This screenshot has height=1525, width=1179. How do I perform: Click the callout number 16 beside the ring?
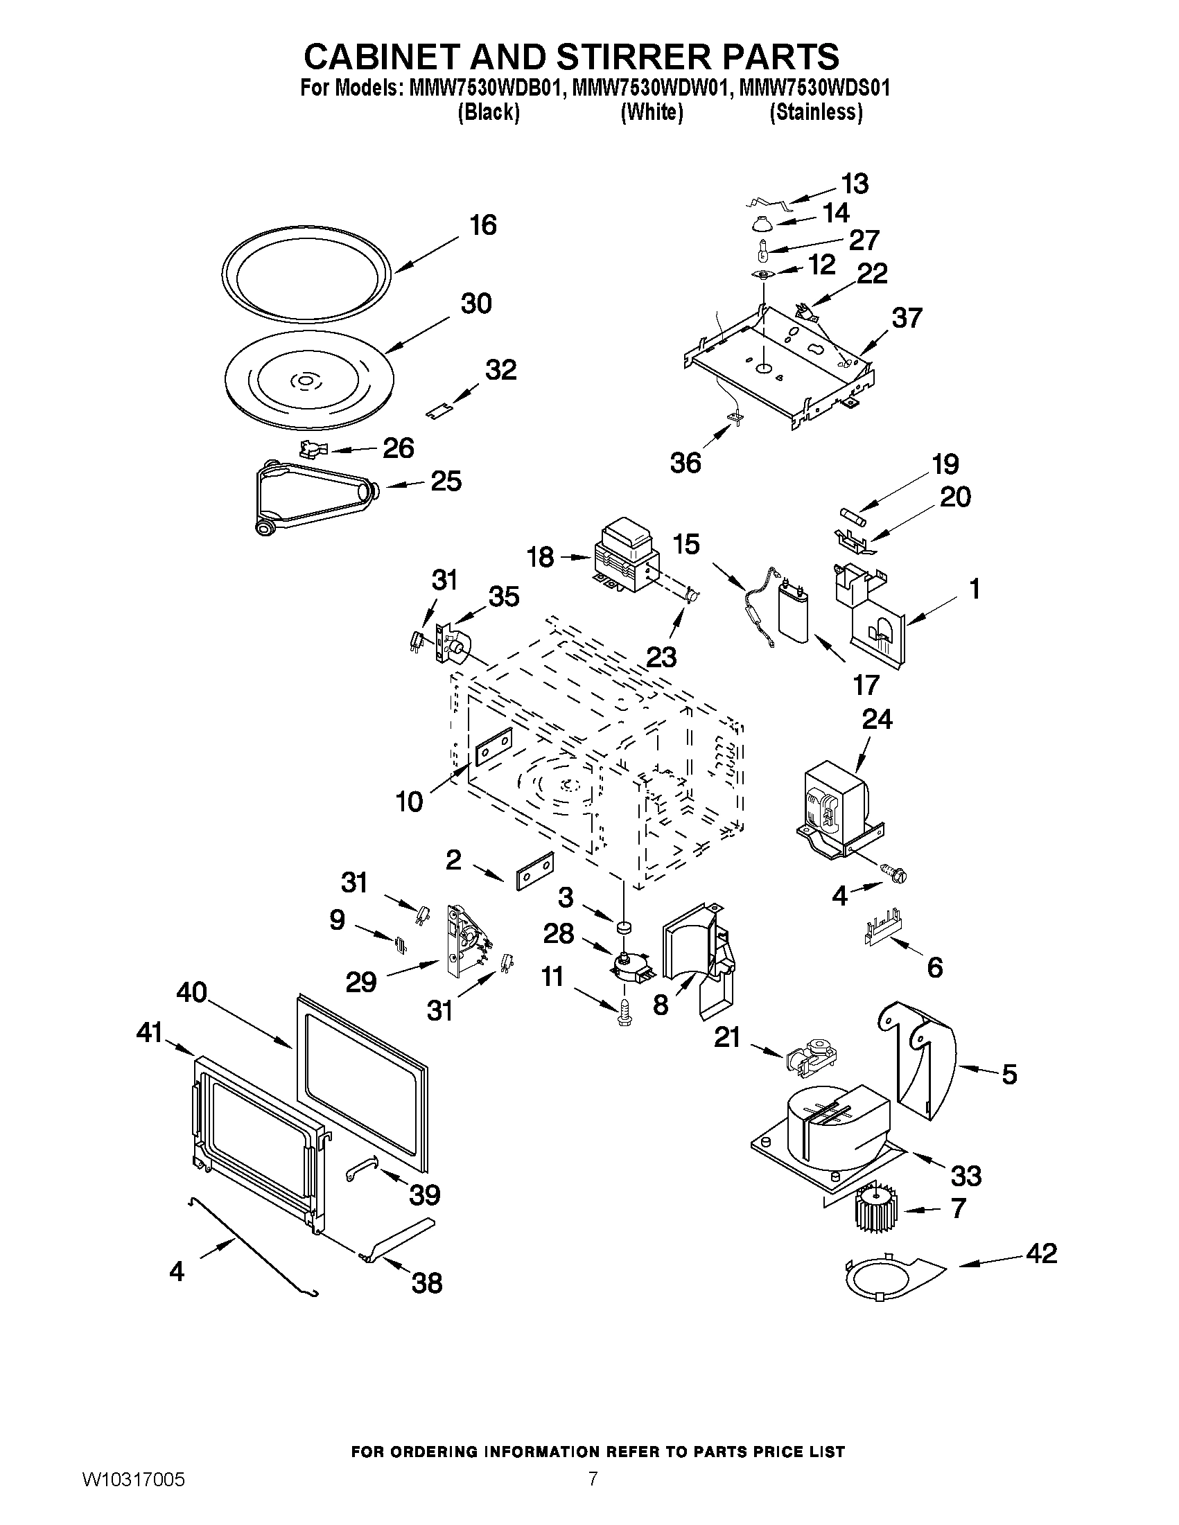point(482,226)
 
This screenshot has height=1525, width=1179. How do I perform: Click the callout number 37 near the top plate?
point(907,319)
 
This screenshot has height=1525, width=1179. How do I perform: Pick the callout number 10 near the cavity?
point(410,802)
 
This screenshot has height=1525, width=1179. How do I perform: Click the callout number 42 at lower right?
point(1041,1253)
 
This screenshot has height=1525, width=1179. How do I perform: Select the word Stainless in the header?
point(816,112)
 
